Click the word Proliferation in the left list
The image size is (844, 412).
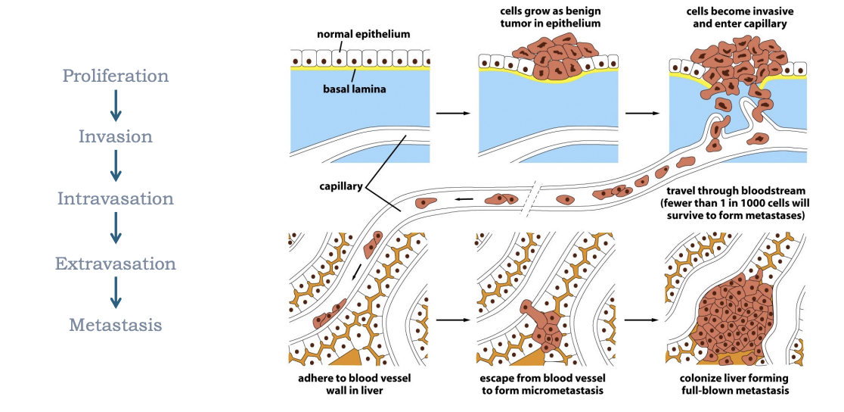point(115,76)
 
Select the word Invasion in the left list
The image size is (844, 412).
point(115,137)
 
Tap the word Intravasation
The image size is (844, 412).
point(115,199)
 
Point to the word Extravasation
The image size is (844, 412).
point(115,264)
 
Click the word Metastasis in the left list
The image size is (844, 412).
point(115,326)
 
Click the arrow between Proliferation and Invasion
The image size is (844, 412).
point(115,106)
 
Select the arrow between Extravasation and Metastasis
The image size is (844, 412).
point(115,293)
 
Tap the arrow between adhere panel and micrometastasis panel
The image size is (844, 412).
point(454,320)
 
